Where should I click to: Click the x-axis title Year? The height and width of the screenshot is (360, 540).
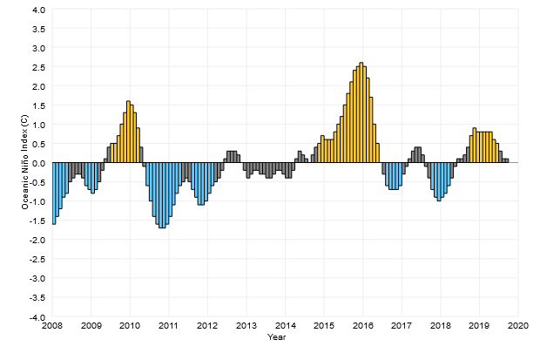click(277, 336)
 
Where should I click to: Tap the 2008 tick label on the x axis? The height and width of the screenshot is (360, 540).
click(52, 326)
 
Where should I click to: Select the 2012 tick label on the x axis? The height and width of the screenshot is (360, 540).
click(207, 326)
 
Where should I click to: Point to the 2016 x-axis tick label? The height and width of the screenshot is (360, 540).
click(362, 326)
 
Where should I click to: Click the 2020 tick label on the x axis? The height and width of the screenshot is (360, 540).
click(518, 326)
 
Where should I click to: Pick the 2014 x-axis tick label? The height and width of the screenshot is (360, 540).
click(285, 326)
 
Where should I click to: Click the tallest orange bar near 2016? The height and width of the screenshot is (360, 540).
click(361, 113)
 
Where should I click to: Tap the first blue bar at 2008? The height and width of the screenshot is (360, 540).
click(54, 194)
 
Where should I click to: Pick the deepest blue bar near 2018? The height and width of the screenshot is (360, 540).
click(439, 182)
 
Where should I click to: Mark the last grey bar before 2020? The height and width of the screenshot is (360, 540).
click(507, 161)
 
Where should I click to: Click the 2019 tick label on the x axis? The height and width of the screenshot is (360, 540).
click(479, 326)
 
